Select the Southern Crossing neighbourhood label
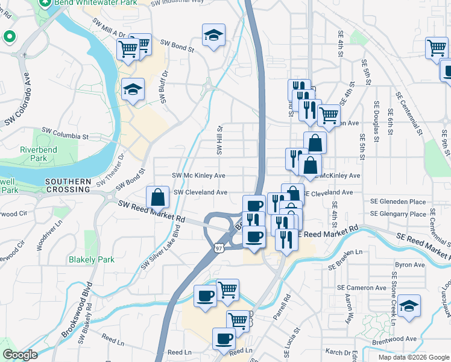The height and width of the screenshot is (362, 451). click(68, 185)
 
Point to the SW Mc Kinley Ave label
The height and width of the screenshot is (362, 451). click(198, 176)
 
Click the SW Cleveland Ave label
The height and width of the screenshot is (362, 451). click(200, 192)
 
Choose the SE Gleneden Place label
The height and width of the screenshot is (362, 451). click(398, 202)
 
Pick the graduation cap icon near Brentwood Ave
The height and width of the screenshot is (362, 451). click(409, 306)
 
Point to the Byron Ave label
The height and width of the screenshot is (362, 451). click(410, 265)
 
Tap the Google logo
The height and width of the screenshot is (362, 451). click(21, 355)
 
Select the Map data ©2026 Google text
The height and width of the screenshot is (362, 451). click(413, 357)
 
